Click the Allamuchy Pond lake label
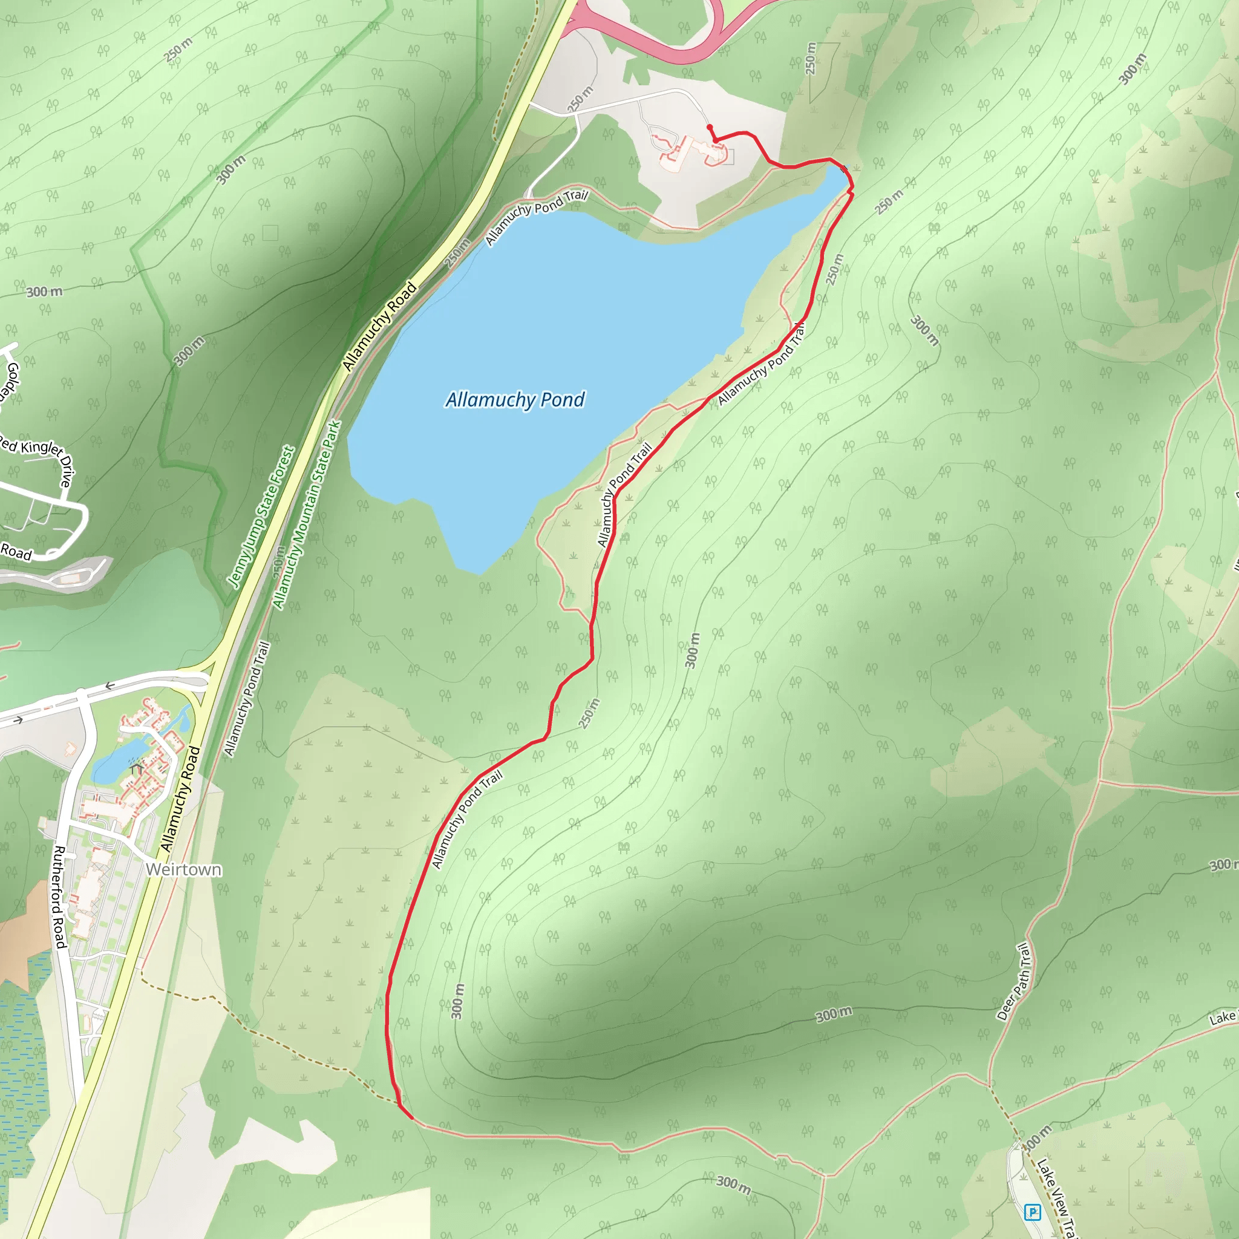[x=515, y=399]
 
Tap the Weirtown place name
[x=183, y=869]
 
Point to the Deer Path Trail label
[x=1014, y=981]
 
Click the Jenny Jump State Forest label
[x=261, y=517]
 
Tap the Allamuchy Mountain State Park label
[x=307, y=515]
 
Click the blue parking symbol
[x=1033, y=1212]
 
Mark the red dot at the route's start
[x=709, y=127]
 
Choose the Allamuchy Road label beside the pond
[x=380, y=327]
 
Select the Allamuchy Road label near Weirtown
[x=180, y=799]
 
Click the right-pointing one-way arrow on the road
[x=18, y=720]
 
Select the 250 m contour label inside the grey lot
[x=580, y=99]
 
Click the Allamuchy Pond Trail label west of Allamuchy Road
[x=247, y=698]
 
